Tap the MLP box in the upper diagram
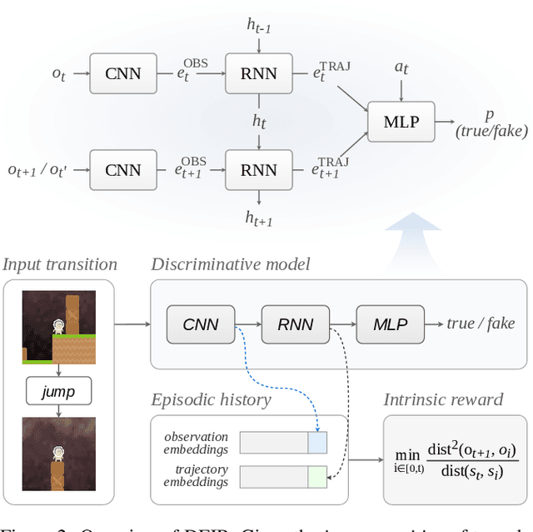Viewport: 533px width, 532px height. [x=401, y=122]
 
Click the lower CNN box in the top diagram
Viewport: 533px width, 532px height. [x=124, y=170]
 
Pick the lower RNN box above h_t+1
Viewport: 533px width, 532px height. [x=258, y=170]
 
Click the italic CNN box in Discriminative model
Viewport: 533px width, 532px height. [x=200, y=324]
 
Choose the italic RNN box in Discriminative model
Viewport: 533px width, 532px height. [x=295, y=324]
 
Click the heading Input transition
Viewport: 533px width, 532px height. [x=60, y=265]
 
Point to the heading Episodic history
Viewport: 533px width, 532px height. [x=211, y=399]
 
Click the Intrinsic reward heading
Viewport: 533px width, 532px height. [x=443, y=399]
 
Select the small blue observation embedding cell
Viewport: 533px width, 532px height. [x=317, y=442]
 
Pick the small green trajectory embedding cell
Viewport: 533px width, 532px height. [x=317, y=477]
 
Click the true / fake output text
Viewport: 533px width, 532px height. [x=481, y=324]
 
